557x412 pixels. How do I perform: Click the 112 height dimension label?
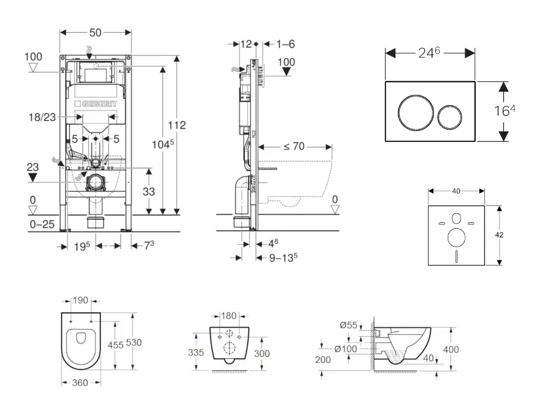click(x=176, y=125)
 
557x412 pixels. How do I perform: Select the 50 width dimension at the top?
click(x=96, y=32)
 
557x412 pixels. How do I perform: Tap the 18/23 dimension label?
click(x=41, y=116)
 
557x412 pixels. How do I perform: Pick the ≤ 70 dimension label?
click(x=294, y=146)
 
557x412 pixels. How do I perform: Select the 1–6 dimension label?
click(x=285, y=44)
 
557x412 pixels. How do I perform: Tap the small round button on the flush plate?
click(x=450, y=117)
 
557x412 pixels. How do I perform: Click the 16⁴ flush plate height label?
click(x=505, y=111)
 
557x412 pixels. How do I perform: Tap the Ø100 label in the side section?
click(x=346, y=349)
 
